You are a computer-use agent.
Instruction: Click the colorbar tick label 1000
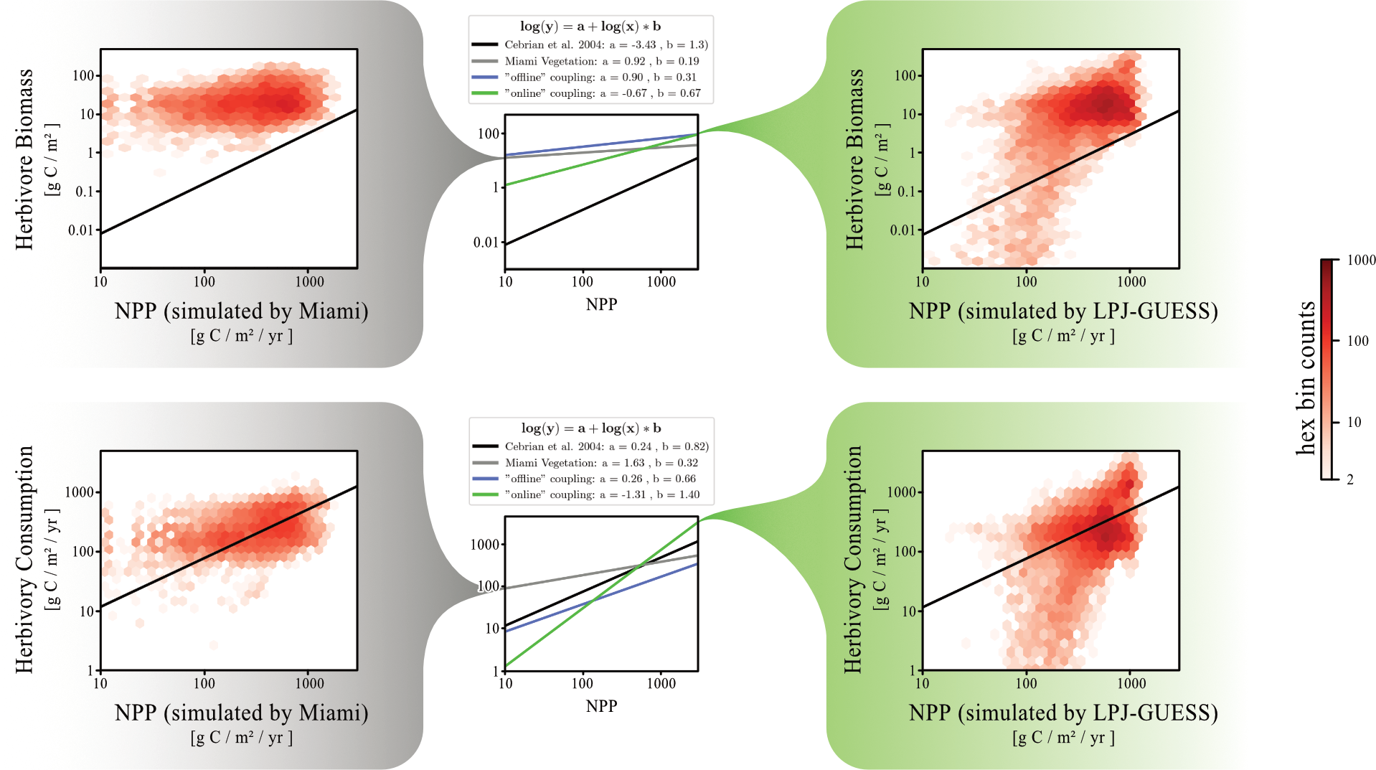click(1360, 260)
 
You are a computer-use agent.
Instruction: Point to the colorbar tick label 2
click(1349, 479)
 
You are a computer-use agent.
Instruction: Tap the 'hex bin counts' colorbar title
click(1306, 377)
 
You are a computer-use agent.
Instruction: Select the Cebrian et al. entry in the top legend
click(605, 44)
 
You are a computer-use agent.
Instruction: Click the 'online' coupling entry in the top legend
click(602, 93)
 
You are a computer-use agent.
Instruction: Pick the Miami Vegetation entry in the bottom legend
click(600, 463)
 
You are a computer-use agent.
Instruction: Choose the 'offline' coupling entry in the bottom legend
click(600, 479)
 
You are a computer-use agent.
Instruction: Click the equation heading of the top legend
click(590, 27)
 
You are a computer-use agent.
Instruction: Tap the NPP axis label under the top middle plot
click(601, 304)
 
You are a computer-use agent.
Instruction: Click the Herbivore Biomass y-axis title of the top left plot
click(25, 159)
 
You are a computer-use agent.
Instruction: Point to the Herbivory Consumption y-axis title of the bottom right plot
click(852, 560)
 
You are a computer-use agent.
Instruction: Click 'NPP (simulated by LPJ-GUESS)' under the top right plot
click(1063, 311)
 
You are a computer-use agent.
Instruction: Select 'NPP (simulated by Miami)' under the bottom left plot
click(241, 713)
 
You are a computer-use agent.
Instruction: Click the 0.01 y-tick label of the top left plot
click(80, 230)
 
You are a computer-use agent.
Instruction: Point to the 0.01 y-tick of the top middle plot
click(486, 243)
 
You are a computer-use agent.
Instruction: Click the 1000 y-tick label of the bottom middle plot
click(485, 545)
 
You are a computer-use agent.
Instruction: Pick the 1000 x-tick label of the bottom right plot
click(1131, 683)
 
